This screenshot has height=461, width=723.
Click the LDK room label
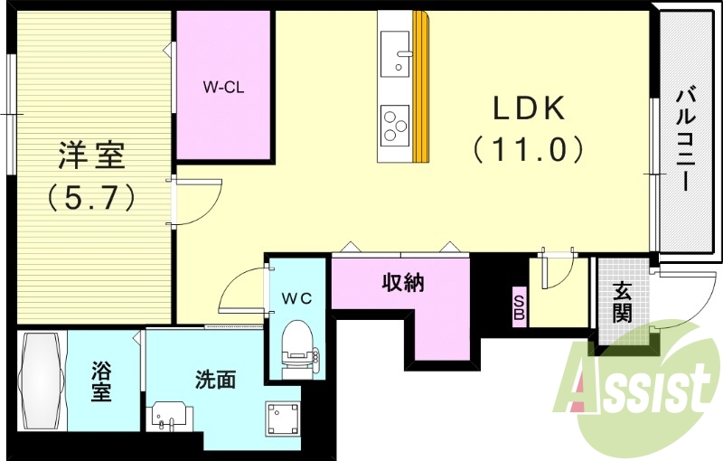click(x=529, y=109)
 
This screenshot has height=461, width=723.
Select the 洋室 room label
click(x=90, y=155)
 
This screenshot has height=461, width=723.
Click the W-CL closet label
click(x=223, y=88)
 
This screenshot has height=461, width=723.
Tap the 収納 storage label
click(x=402, y=283)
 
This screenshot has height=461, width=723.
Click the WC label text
click(x=296, y=298)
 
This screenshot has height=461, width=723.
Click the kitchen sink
click(x=395, y=53)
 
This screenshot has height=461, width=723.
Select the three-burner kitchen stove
click(x=395, y=126)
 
